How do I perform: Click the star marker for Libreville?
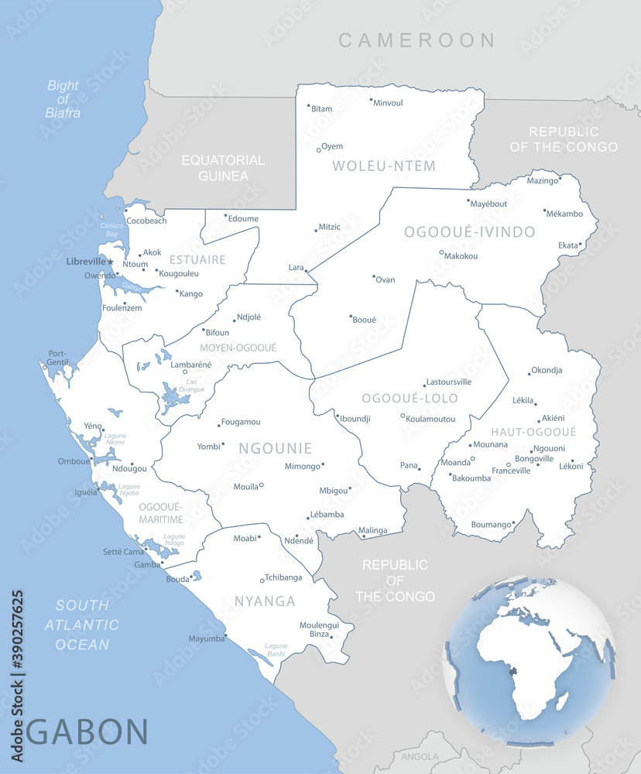point(110,262)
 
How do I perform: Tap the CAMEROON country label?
point(416,40)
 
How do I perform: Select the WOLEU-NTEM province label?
point(384,166)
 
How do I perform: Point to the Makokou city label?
point(461,256)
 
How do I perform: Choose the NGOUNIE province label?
point(275,448)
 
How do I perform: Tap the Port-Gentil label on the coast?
point(57,358)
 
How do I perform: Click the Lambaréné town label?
point(190,365)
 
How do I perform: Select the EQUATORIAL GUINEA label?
point(223,168)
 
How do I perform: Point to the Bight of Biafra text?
point(63,99)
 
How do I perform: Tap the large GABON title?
point(87,731)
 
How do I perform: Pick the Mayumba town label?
point(205,639)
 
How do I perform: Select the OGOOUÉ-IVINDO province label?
point(469,232)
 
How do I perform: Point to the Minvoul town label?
point(388,103)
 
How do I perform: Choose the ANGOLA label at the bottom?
point(420,757)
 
